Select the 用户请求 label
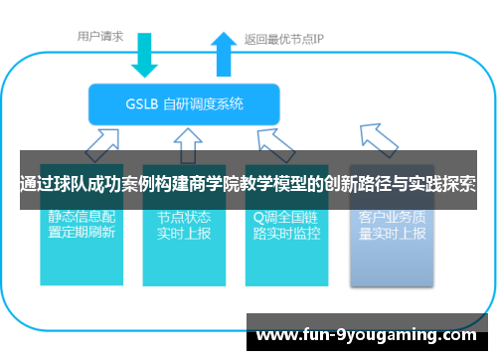[100, 37]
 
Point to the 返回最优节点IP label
[284, 40]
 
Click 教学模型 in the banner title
[279, 184]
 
